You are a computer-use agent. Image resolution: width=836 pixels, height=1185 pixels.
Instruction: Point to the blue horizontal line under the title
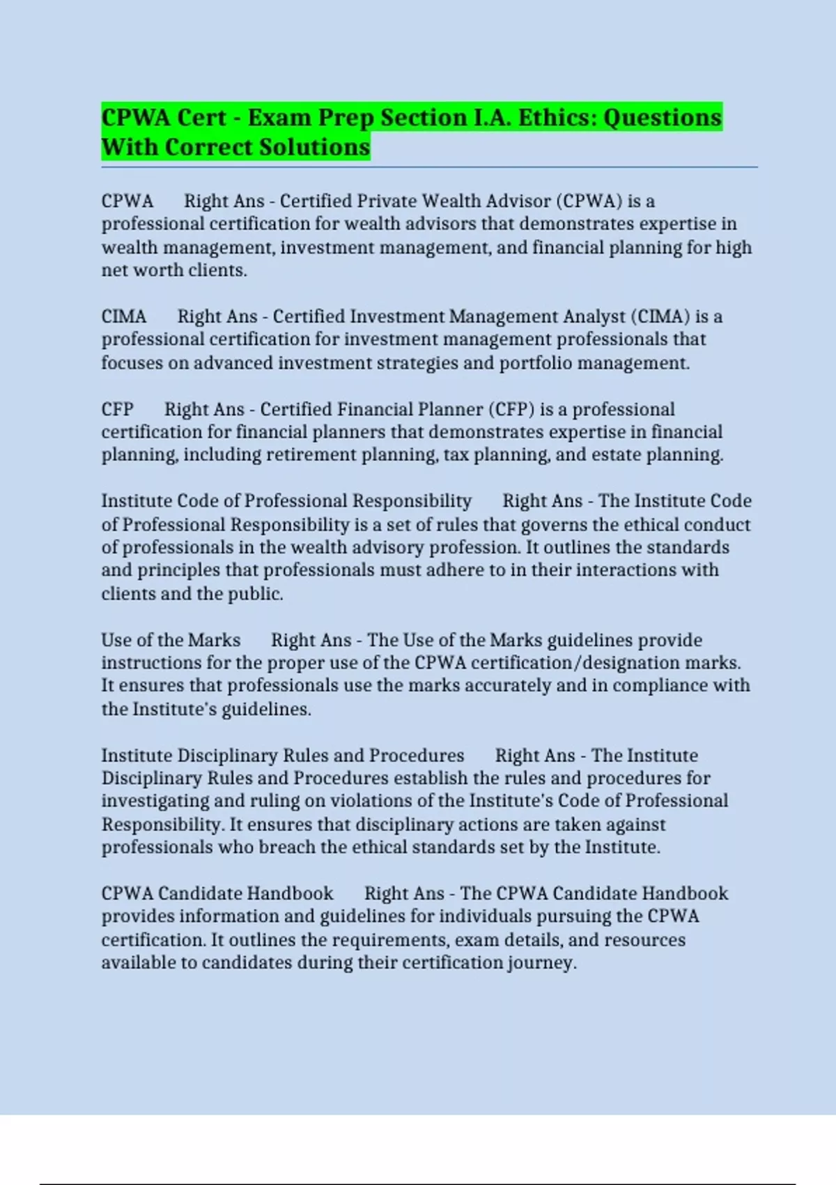coord(429,167)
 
